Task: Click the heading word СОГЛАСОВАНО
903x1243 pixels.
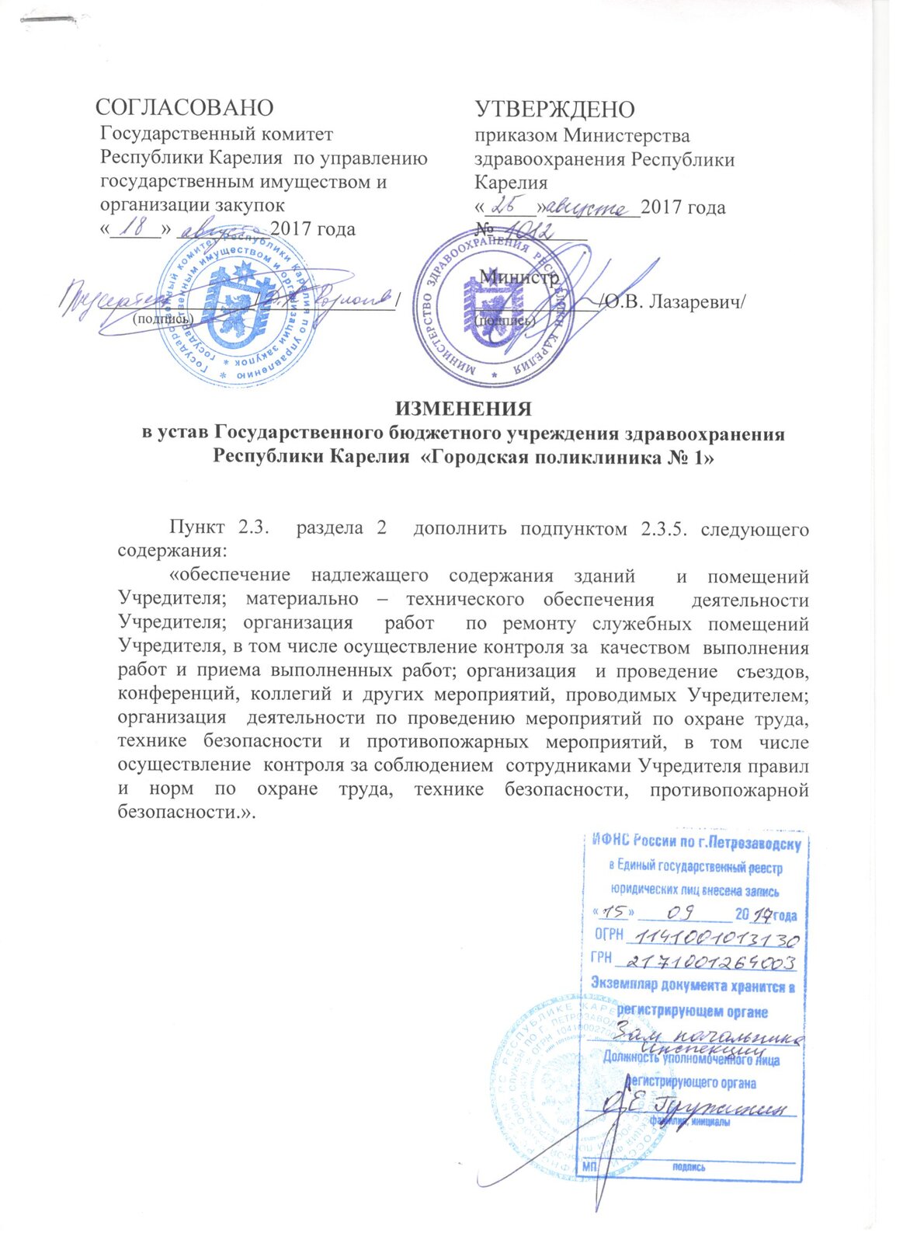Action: pos(184,107)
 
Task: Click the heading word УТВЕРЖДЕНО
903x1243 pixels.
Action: pos(554,109)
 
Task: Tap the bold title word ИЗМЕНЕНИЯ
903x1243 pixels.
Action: pos(464,409)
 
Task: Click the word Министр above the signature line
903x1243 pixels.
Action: pos(519,277)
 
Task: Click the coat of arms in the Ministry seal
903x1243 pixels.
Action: pos(491,307)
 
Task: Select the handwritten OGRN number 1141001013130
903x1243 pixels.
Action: pos(712,939)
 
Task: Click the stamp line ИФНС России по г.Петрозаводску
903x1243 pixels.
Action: pos(696,841)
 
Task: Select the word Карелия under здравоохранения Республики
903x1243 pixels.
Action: pos(511,183)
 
